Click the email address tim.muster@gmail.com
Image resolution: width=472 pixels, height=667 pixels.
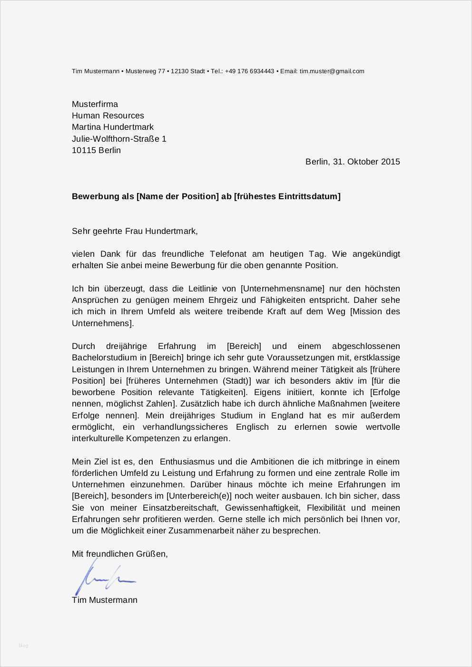[332, 71]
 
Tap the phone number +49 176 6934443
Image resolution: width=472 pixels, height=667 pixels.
[249, 71]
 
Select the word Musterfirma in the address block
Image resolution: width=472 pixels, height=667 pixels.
[95, 104]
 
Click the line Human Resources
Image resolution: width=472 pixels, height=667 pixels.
[108, 116]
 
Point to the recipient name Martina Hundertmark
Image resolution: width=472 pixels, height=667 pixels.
[112, 127]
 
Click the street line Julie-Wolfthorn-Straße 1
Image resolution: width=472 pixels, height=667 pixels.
[119, 139]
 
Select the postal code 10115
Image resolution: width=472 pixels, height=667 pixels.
[84, 150]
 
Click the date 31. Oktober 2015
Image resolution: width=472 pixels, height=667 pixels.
[366, 162]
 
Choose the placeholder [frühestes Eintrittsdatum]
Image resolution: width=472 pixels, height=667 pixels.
[287, 196]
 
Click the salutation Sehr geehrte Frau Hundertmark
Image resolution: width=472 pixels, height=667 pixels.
[134, 231]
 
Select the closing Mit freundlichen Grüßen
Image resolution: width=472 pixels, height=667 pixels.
[119, 554]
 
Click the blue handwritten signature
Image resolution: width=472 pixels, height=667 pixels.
[104, 577]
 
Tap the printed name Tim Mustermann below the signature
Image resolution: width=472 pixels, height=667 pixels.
[105, 600]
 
